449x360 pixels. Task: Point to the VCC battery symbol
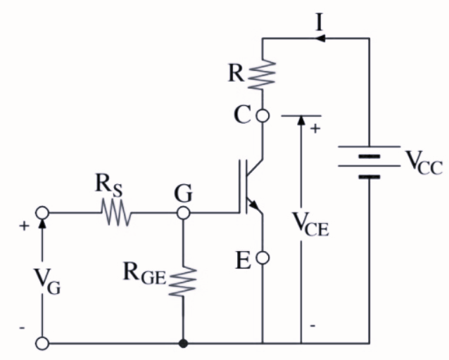(x=369, y=163)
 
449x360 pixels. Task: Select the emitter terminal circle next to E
(x=263, y=259)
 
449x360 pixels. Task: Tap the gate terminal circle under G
(x=184, y=212)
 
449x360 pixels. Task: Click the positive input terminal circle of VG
(x=42, y=212)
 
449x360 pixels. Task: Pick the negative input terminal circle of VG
(x=42, y=344)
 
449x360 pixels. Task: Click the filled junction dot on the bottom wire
(x=184, y=344)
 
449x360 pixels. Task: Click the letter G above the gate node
(x=184, y=191)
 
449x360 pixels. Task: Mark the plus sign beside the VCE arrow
(x=315, y=129)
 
